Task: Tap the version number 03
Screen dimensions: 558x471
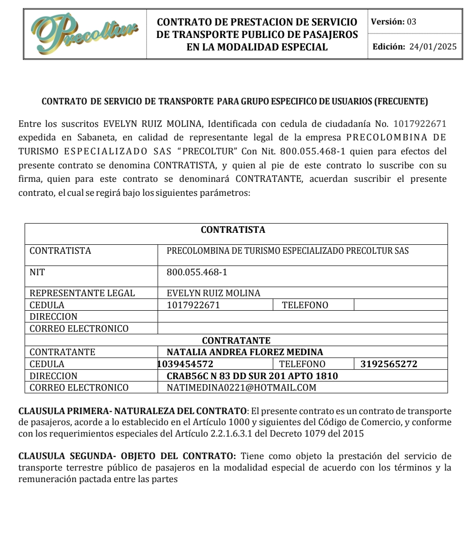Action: tap(412, 22)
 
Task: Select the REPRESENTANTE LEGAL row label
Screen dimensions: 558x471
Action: tap(82, 293)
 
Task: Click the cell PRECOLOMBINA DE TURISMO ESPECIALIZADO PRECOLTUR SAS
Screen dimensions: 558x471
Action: tap(287, 251)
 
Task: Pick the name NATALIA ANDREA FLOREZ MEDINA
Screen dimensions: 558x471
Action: tap(244, 352)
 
